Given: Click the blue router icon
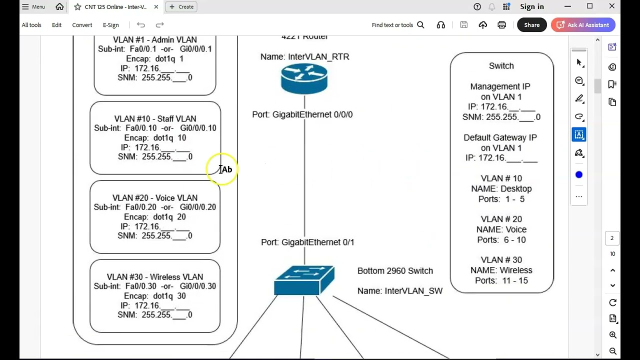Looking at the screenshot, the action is point(304,78).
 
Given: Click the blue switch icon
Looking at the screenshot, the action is point(304,280).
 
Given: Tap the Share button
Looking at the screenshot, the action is point(531,25).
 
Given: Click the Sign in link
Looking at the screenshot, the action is point(531,6).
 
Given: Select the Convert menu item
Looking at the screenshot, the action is point(82,25).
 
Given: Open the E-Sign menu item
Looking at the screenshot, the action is point(111,25).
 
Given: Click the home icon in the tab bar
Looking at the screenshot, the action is point(59,6).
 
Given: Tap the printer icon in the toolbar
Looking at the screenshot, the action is point(501,25).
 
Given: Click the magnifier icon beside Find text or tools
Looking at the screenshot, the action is point(420,25).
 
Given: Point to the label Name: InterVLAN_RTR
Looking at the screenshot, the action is point(304,56).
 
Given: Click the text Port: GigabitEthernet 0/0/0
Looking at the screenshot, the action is point(302,114).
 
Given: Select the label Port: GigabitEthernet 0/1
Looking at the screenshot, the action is point(307,242).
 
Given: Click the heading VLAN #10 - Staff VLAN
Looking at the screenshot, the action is point(155,118).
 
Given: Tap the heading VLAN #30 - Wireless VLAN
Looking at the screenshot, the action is point(155,277).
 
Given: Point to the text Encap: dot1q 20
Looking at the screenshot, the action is point(155,217).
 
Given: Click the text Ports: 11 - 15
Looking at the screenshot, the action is point(501,280).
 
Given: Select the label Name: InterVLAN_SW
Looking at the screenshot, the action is point(399,291).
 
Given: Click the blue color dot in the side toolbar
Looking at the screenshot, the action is point(579,175).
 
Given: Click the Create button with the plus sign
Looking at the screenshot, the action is point(181,7).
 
